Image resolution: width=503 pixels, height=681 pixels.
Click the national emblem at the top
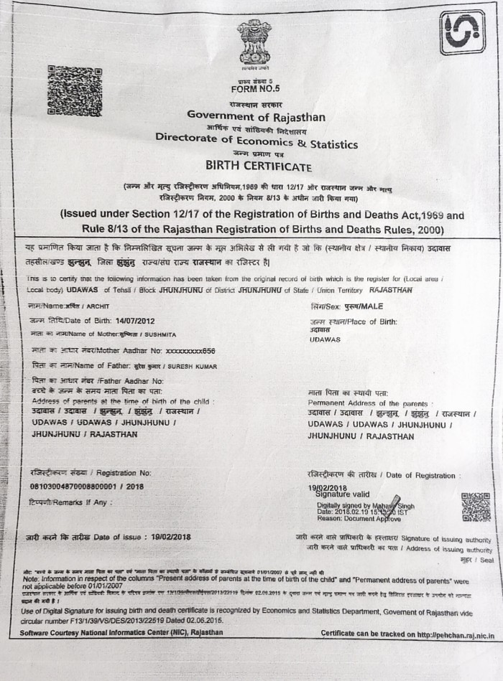(255, 43)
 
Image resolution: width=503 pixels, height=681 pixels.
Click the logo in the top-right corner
(462, 32)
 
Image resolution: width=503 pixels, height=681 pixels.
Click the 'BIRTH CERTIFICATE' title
(259, 166)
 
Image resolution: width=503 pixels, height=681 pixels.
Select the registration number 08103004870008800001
(77, 486)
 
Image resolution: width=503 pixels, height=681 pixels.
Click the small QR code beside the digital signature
(475, 507)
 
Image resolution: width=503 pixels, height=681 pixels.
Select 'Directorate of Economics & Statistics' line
(257, 143)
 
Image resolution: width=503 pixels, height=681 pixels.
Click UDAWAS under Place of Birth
(326, 339)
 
